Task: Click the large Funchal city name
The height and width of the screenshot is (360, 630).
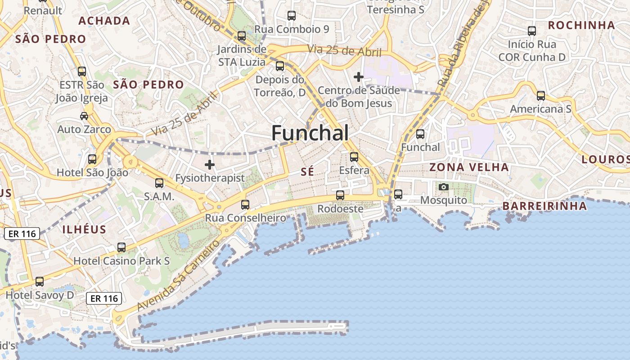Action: click(x=310, y=133)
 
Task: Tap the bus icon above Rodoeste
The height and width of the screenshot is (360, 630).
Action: click(x=340, y=195)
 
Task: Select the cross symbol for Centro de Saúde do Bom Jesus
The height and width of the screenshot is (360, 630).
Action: click(x=359, y=77)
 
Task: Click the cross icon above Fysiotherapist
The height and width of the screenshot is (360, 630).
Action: click(x=210, y=164)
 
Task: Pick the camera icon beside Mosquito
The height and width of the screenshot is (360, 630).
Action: click(x=444, y=187)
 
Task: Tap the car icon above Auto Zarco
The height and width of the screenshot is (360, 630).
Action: click(x=84, y=116)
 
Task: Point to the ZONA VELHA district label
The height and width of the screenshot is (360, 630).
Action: click(x=469, y=167)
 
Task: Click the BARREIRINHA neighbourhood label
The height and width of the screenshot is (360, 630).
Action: click(x=544, y=206)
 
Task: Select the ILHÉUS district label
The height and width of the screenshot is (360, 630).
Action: click(x=85, y=229)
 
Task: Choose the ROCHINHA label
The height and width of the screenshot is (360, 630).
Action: click(x=581, y=25)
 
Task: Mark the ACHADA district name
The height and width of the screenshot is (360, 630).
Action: click(x=104, y=21)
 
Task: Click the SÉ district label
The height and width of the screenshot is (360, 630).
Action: click(x=307, y=171)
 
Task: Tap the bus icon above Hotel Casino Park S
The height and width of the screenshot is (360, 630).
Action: click(x=121, y=247)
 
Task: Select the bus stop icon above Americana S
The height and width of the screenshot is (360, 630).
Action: click(x=541, y=95)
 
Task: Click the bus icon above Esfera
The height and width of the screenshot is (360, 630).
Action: click(x=354, y=157)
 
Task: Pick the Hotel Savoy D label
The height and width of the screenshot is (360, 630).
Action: click(x=40, y=295)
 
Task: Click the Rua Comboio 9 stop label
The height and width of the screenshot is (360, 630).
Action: click(x=292, y=30)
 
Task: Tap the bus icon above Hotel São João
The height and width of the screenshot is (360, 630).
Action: click(x=92, y=159)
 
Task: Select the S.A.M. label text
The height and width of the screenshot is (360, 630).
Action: click(x=159, y=197)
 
